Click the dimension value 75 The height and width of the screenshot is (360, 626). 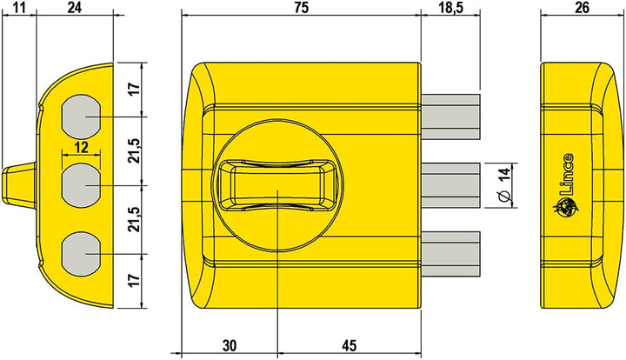300,8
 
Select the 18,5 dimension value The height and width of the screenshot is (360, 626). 450,8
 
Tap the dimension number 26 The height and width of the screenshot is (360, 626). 583,8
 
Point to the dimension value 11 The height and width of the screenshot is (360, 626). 18,8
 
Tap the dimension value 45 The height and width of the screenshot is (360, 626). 348,346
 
